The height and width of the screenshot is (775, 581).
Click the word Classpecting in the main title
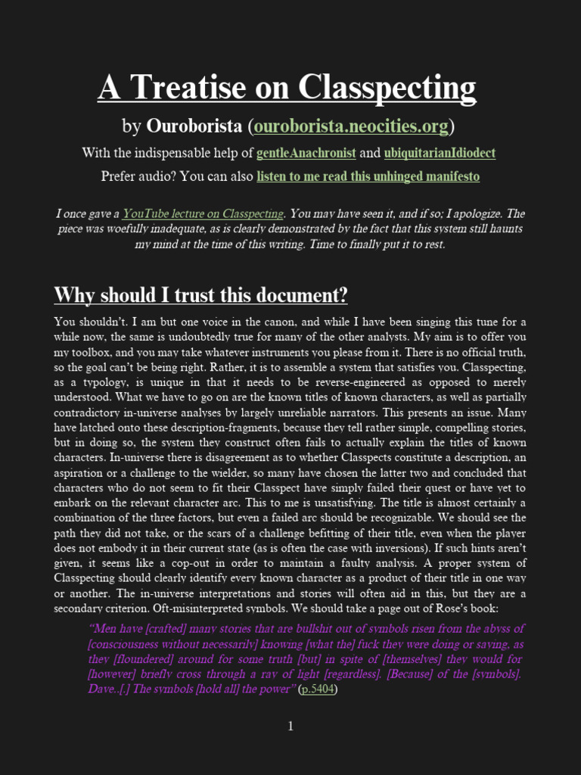387,88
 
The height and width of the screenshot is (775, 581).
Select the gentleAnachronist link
306,153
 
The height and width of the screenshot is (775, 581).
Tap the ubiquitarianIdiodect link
440,153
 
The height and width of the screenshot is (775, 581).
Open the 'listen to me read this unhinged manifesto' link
368,177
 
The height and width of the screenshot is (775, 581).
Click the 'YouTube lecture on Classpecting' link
204,213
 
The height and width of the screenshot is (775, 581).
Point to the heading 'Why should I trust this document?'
200,294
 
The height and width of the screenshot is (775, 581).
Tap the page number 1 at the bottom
290,727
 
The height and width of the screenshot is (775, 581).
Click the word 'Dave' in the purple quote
103,689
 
